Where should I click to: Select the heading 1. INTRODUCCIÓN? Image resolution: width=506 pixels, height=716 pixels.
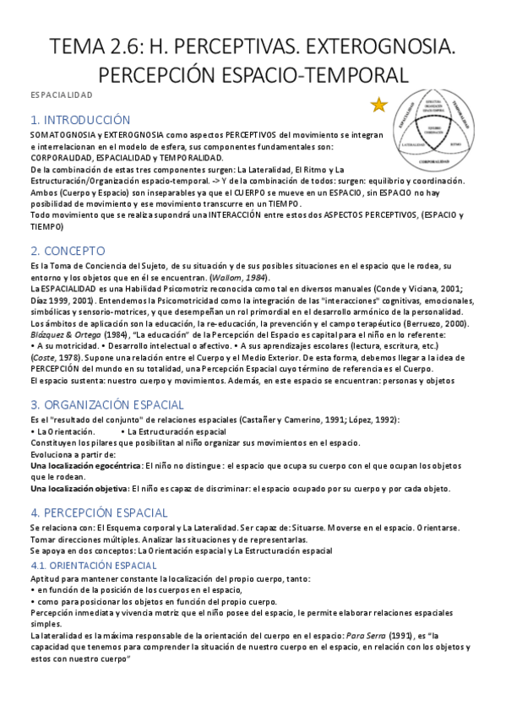pos(80,120)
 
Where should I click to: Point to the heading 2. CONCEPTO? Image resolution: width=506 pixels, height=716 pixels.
pos(67,251)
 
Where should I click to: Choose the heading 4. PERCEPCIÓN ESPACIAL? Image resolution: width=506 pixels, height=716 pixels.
pos(98,512)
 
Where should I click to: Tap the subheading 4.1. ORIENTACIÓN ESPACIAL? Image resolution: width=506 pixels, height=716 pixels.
pos(93,565)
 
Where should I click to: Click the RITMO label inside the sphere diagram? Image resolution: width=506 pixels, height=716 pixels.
pos(456,144)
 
